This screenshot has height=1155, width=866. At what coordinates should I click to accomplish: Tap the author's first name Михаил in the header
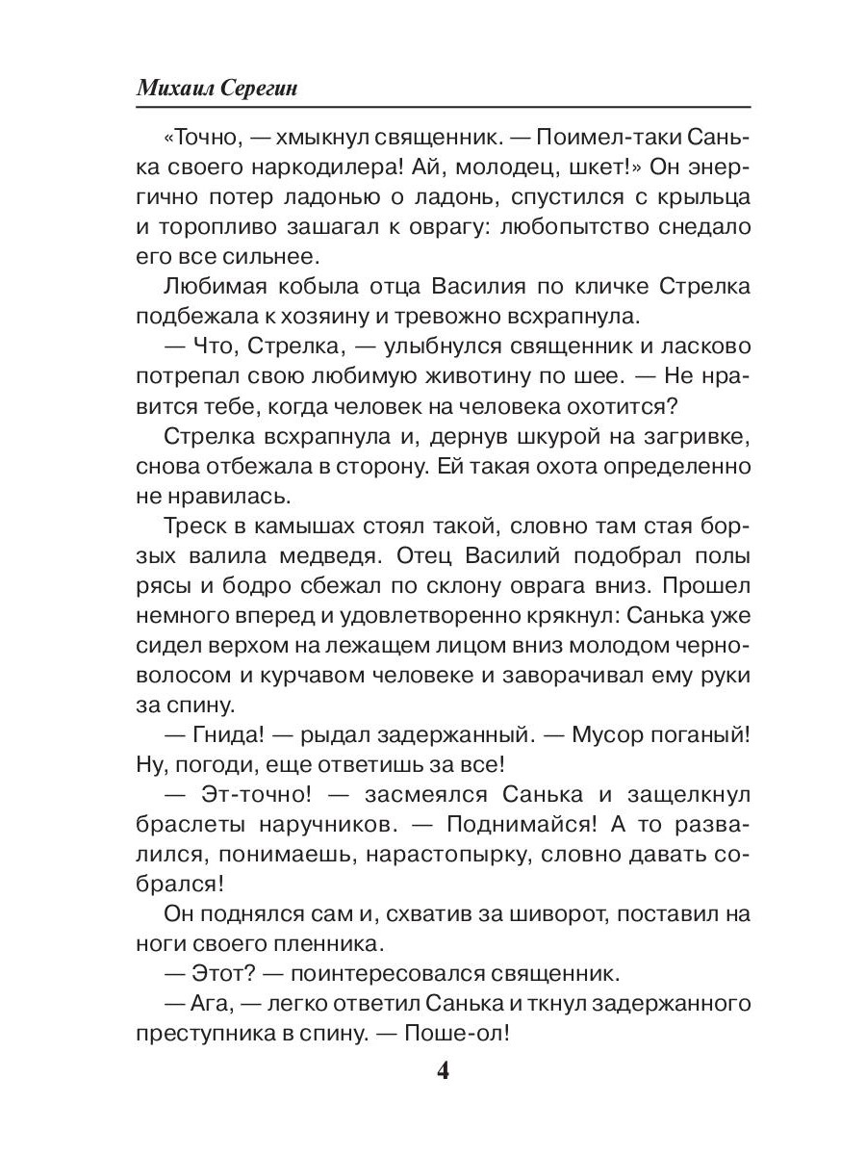[x=177, y=87]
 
